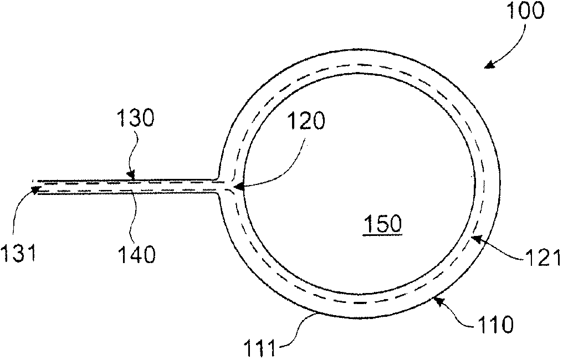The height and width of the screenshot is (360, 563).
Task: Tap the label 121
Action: [541, 258]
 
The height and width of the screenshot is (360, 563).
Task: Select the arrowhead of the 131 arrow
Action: [34, 191]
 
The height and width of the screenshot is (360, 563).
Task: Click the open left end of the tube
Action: [33, 186]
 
